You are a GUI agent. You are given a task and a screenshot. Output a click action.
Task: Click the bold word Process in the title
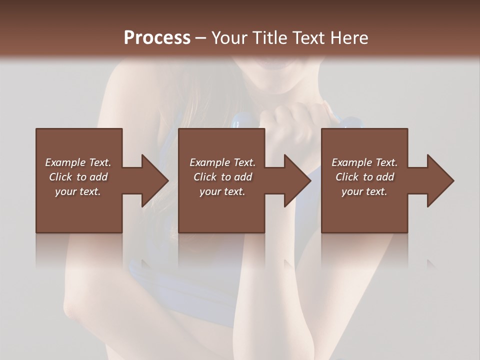[x=157, y=38]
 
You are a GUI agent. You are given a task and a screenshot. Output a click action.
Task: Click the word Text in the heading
[x=309, y=38]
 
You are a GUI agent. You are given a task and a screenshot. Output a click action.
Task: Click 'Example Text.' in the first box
[x=78, y=162]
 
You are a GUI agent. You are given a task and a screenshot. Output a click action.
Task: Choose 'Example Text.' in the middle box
[x=222, y=162]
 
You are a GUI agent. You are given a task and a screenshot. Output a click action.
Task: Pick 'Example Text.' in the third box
[x=364, y=162]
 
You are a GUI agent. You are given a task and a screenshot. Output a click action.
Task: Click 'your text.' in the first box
[x=78, y=191]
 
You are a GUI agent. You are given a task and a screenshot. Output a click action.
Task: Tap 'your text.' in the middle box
[x=222, y=191]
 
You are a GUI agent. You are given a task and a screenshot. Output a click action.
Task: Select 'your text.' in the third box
[x=364, y=191]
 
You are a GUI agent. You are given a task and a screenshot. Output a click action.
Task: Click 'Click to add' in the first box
[x=78, y=177]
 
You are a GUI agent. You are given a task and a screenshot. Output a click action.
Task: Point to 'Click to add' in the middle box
[x=222, y=177]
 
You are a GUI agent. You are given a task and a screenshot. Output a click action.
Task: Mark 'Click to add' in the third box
[x=364, y=177]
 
